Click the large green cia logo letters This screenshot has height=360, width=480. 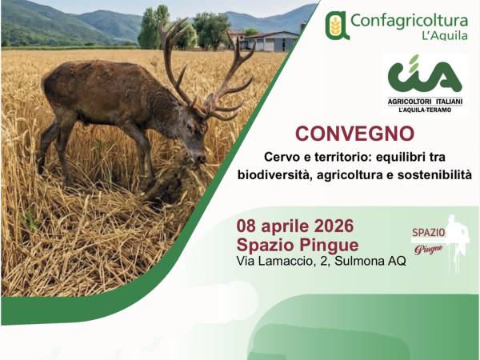coord(424,75)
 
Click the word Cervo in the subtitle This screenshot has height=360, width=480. coord(282,155)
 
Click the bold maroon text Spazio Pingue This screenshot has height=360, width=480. coord(298,244)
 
